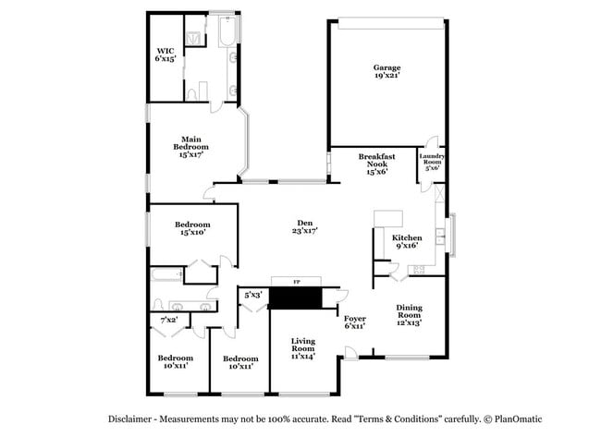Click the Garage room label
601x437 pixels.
(386, 72)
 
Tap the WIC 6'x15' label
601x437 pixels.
(166, 55)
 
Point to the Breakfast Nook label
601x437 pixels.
(376, 164)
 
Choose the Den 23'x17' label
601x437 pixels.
(306, 226)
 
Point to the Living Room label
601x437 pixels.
(304, 347)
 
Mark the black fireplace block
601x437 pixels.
(295, 297)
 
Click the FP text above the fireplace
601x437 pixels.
(296, 280)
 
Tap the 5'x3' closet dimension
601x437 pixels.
(252, 296)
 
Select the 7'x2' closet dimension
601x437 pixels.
(169, 320)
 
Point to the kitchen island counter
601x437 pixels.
(388, 218)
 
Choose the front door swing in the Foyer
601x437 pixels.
(350, 351)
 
